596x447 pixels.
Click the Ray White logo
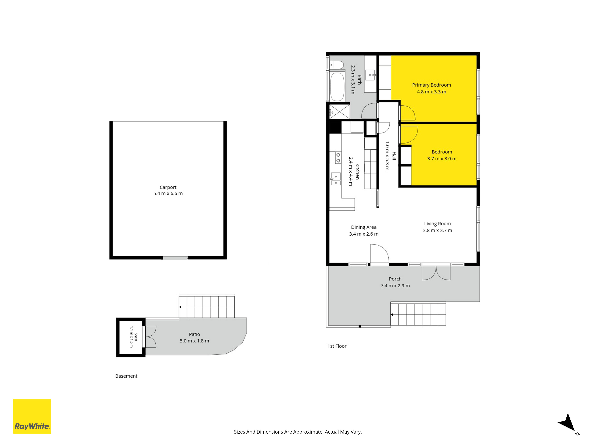[x=32, y=416]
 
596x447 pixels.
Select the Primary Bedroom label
[x=431, y=85]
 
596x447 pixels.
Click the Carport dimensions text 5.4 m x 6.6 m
[x=168, y=193]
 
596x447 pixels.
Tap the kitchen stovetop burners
[x=338, y=158]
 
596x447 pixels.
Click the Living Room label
[x=437, y=224]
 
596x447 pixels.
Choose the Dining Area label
[x=364, y=227]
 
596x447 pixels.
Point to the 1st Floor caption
[x=337, y=346]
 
